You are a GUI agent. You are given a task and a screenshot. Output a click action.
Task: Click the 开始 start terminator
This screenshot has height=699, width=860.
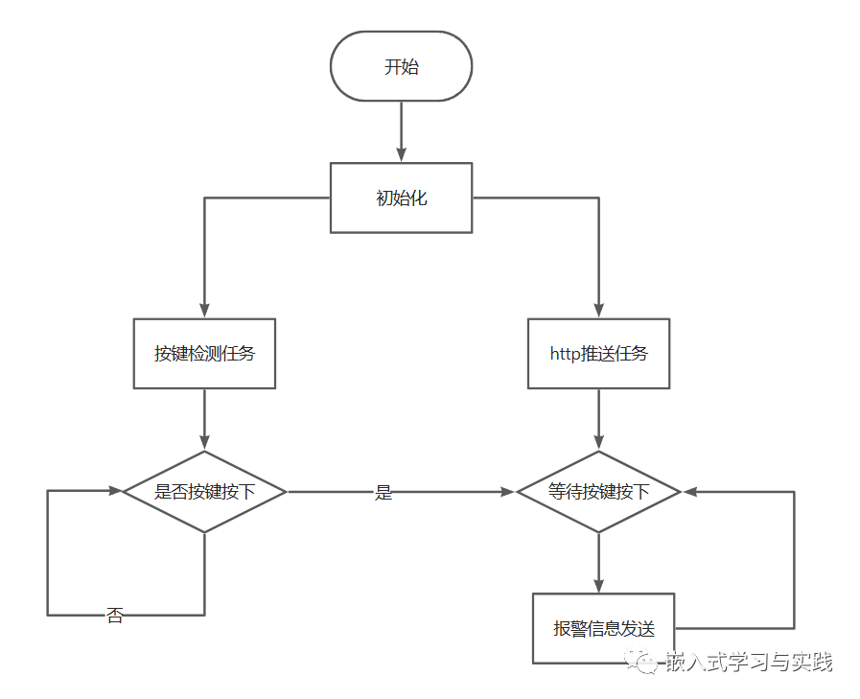[x=401, y=66]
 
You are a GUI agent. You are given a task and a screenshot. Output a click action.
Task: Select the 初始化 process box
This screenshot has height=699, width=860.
[x=401, y=198]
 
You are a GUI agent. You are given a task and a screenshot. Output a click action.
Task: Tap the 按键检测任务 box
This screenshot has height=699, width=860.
[x=204, y=353]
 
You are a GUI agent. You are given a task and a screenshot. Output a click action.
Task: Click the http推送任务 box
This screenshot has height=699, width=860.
[x=598, y=353]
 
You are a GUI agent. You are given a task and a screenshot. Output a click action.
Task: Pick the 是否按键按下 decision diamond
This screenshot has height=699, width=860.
[x=204, y=492]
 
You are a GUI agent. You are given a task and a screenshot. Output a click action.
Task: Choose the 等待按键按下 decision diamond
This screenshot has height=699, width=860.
[x=598, y=492]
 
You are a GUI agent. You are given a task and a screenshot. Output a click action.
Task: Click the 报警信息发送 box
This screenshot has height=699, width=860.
[x=603, y=629]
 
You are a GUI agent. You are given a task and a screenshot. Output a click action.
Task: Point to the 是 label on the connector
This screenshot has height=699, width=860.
[x=384, y=493]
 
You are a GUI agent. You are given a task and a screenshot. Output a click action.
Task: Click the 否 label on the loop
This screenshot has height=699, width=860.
[x=115, y=616]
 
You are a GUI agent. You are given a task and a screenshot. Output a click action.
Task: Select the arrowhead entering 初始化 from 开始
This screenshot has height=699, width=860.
[x=401, y=155]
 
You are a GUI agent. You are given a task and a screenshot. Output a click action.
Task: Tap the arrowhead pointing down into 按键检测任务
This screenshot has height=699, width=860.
[x=204, y=311]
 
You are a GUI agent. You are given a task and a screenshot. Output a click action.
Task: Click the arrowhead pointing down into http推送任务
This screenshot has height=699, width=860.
[x=598, y=311]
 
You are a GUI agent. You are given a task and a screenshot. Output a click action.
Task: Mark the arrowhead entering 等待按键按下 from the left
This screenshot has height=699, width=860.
[x=508, y=492]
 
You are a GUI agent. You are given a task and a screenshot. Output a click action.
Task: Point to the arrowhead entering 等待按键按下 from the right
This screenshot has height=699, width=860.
[x=689, y=492]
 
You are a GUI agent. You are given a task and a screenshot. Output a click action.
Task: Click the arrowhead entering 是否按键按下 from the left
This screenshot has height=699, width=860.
[x=115, y=491]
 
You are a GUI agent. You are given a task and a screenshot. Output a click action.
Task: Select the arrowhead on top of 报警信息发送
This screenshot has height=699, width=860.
[x=598, y=586]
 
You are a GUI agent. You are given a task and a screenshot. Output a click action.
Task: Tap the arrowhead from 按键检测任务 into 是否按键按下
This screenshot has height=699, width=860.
[x=204, y=443]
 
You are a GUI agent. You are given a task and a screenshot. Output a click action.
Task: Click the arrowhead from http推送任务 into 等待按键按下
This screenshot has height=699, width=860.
[x=598, y=443]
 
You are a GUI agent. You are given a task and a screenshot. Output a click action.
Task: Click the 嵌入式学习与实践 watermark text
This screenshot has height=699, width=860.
[x=749, y=662]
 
